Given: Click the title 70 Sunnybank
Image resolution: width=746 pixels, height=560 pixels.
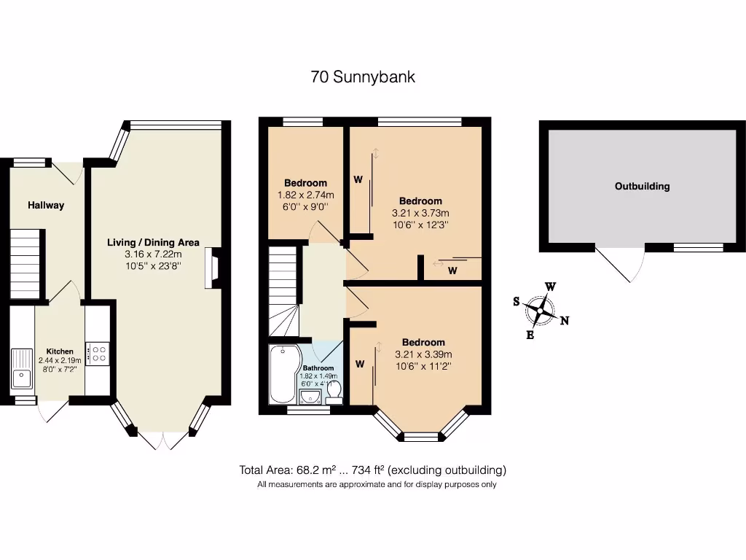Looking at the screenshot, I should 363,77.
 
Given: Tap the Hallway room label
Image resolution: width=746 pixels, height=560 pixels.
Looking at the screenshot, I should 46,206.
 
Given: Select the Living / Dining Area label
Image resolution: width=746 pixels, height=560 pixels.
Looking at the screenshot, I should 153,243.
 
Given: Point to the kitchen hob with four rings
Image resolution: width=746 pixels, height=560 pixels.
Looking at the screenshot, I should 98,354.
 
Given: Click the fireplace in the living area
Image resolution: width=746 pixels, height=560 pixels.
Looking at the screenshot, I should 212,267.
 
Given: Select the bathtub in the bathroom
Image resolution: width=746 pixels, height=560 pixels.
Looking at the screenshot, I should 283,373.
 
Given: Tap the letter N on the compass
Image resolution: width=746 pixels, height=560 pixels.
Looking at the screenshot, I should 565,320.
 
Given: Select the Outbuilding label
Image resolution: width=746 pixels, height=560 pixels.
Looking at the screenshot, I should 642,187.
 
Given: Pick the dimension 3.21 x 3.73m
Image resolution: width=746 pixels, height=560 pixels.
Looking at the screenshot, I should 420,214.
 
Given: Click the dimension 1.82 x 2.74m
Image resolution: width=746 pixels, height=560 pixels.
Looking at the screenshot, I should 305,195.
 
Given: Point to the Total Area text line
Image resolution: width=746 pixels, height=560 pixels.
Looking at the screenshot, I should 372,470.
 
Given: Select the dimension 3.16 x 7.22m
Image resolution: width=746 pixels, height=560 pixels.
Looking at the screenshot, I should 153,254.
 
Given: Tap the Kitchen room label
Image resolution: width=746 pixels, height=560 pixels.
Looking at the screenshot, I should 60,351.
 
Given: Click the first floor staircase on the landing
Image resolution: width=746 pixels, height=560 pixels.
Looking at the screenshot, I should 284,292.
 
